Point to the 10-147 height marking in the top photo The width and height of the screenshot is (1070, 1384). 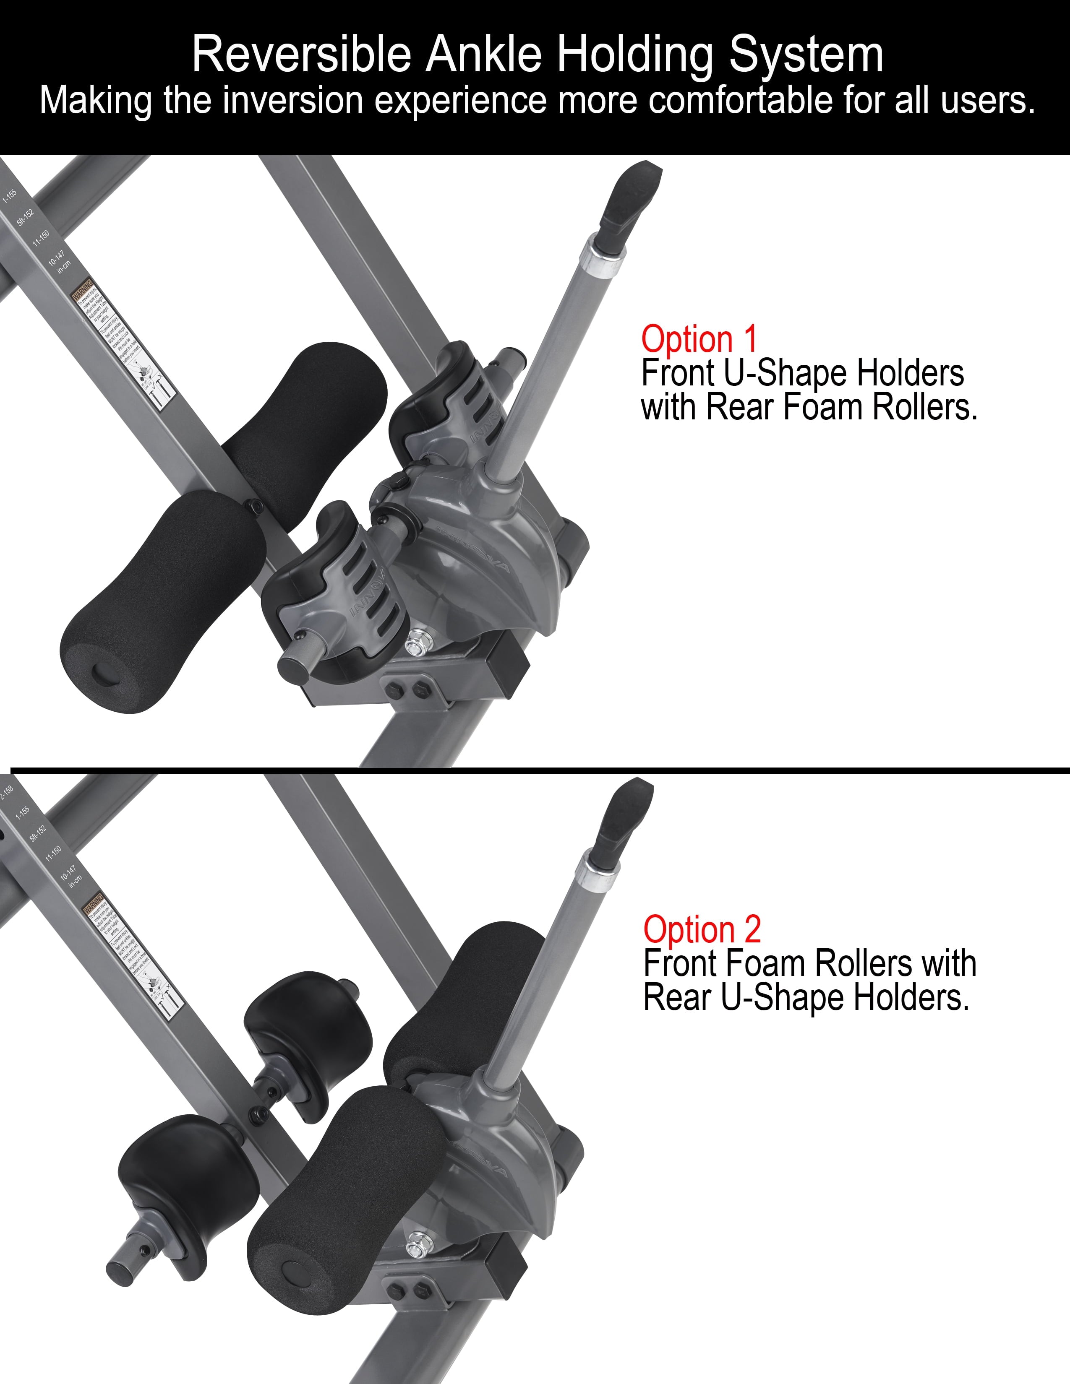(56, 257)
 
